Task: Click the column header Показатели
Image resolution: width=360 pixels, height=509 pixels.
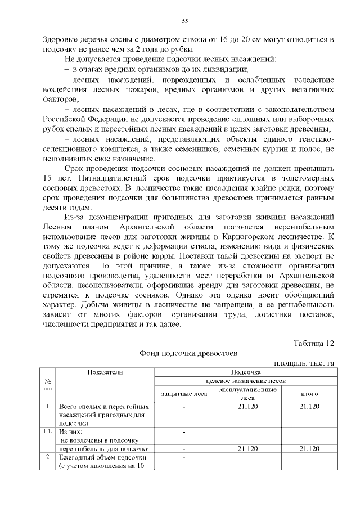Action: point(105,372)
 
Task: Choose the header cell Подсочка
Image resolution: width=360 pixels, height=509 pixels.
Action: point(246,372)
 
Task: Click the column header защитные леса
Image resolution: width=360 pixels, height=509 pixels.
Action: point(184,394)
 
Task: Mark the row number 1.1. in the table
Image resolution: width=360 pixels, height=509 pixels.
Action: point(48,431)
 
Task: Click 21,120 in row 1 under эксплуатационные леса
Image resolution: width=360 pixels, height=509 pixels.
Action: point(247,406)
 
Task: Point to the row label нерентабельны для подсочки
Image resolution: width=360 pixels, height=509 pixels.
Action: point(104,448)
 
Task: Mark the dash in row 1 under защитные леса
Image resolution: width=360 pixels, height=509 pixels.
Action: point(184,406)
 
